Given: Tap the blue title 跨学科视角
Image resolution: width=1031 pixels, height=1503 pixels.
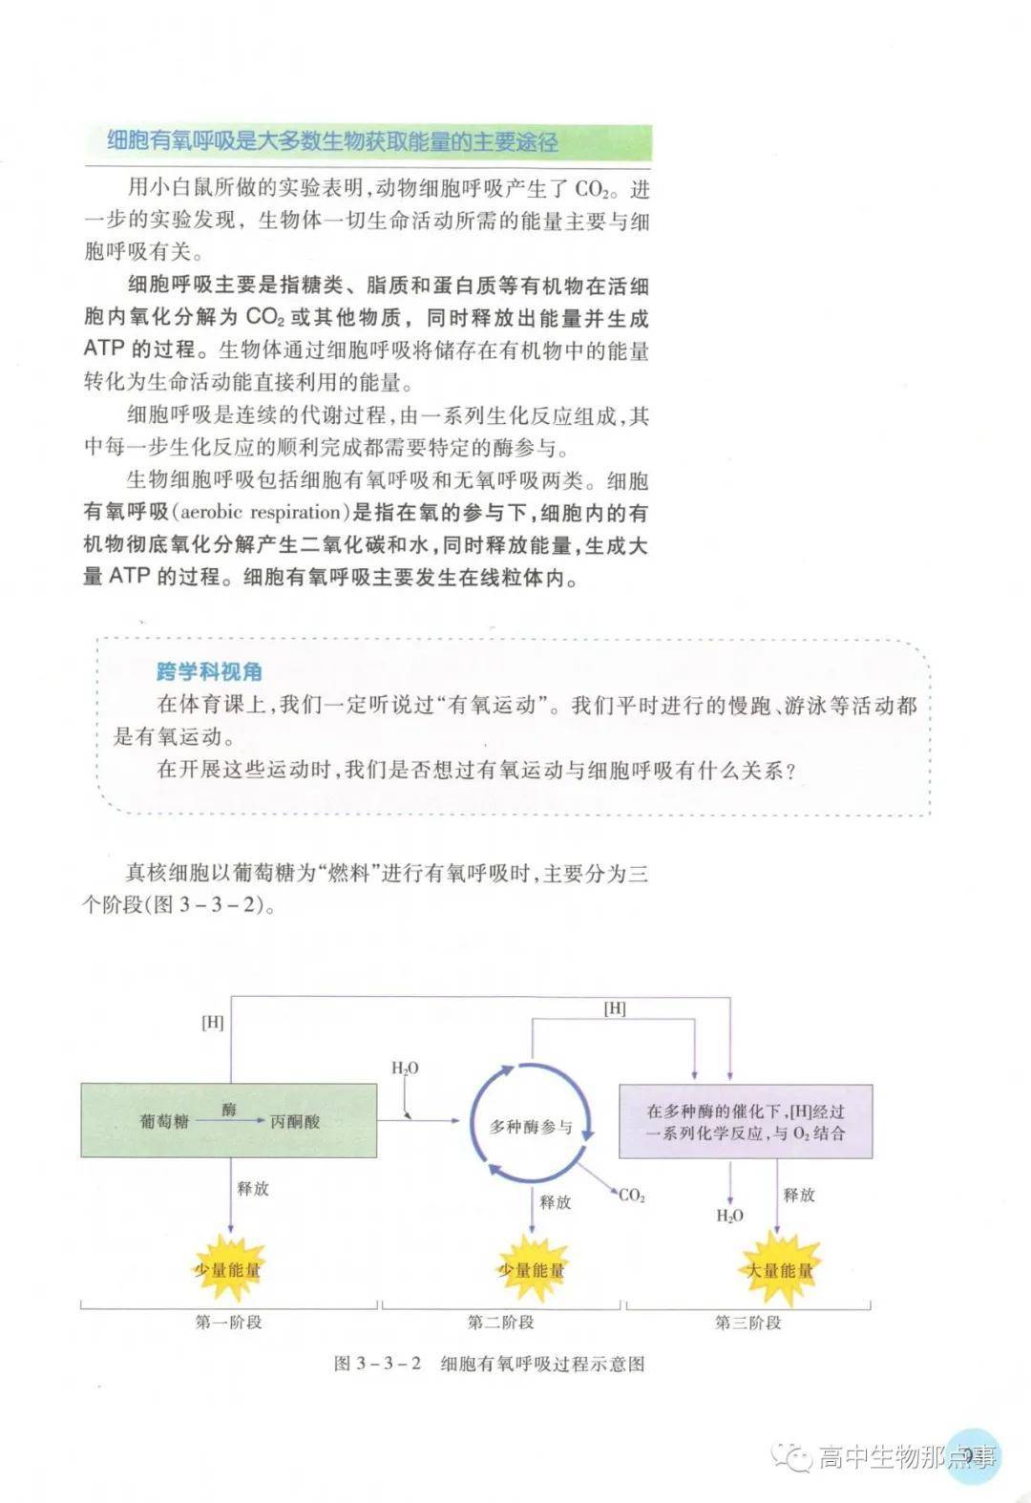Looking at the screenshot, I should [209, 671].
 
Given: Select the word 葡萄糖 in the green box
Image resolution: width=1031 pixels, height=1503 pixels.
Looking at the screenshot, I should [164, 1121].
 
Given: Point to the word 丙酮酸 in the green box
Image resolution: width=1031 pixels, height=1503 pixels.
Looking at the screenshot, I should [294, 1121].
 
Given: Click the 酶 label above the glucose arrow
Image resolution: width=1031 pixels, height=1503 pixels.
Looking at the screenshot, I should [229, 1109].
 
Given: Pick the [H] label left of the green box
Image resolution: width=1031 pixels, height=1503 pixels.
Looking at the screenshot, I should [212, 1022].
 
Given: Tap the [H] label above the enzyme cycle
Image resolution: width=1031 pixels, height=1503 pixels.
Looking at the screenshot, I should [615, 1008].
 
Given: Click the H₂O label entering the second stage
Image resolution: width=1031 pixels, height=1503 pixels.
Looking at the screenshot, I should [405, 1069].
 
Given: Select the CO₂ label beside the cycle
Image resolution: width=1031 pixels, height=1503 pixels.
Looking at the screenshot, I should [632, 1195].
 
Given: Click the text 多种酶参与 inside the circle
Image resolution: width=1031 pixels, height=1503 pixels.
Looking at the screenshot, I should [531, 1127].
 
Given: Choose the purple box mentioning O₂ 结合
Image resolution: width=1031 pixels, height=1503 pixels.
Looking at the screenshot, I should [746, 1122].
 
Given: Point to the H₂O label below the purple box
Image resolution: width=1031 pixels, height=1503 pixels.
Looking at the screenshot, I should [729, 1216].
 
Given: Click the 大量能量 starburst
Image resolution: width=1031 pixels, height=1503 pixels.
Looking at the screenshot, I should [779, 1270].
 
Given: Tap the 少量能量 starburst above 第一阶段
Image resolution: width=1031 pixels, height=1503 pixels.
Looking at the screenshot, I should [228, 1270].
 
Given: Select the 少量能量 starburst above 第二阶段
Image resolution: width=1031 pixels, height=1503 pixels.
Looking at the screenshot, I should [532, 1270].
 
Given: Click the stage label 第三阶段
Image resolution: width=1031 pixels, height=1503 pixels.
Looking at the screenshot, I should [747, 1323].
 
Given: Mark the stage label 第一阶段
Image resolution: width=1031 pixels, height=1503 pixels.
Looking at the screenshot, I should [228, 1323].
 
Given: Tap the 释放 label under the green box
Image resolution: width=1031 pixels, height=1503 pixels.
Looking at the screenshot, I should [253, 1188].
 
